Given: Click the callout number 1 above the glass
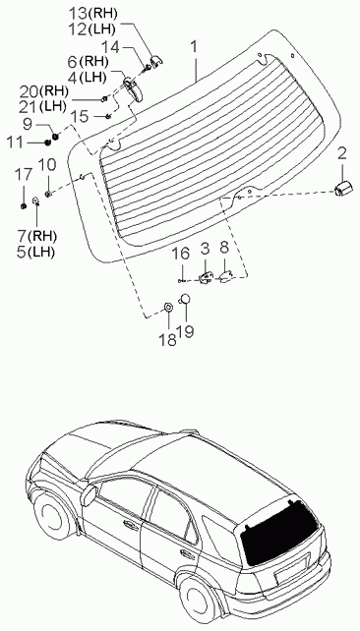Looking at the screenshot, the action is pos(194,48).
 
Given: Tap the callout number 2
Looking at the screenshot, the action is pos(341,154).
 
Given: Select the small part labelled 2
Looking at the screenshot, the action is pos(342,189).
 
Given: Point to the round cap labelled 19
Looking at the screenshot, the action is pos(185,299).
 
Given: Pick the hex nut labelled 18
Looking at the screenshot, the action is pos(169,308).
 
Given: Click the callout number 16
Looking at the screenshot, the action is pos(180,254).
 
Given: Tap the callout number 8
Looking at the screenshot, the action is pos(224,248).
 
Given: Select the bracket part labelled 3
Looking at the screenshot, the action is pos(207,277).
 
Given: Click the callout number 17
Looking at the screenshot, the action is pos(23,175).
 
